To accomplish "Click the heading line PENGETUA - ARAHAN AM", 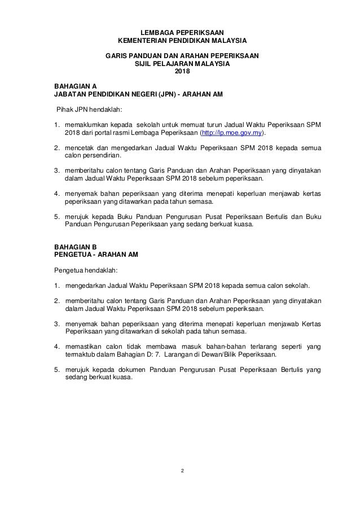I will tap(94, 254).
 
